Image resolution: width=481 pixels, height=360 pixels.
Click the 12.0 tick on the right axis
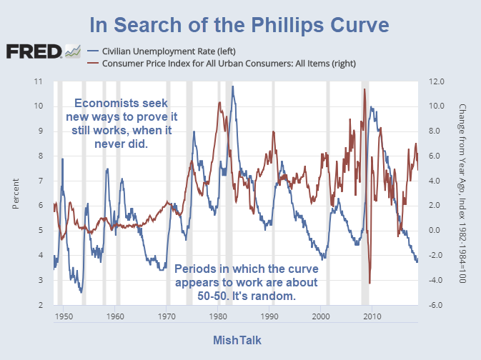[x=436, y=81]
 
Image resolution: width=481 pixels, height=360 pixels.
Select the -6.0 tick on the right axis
[x=436, y=305]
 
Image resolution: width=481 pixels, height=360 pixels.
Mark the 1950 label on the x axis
[x=64, y=315]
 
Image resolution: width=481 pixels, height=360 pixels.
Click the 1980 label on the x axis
[x=218, y=315]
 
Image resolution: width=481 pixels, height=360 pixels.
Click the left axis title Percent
[x=16, y=194]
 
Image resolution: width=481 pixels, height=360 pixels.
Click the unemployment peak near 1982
[x=232, y=86]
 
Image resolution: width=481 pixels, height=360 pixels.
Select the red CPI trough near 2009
[x=370, y=283]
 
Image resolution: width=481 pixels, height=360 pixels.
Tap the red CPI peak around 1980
[x=219, y=102]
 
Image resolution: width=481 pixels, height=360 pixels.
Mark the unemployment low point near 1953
[x=81, y=292]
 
